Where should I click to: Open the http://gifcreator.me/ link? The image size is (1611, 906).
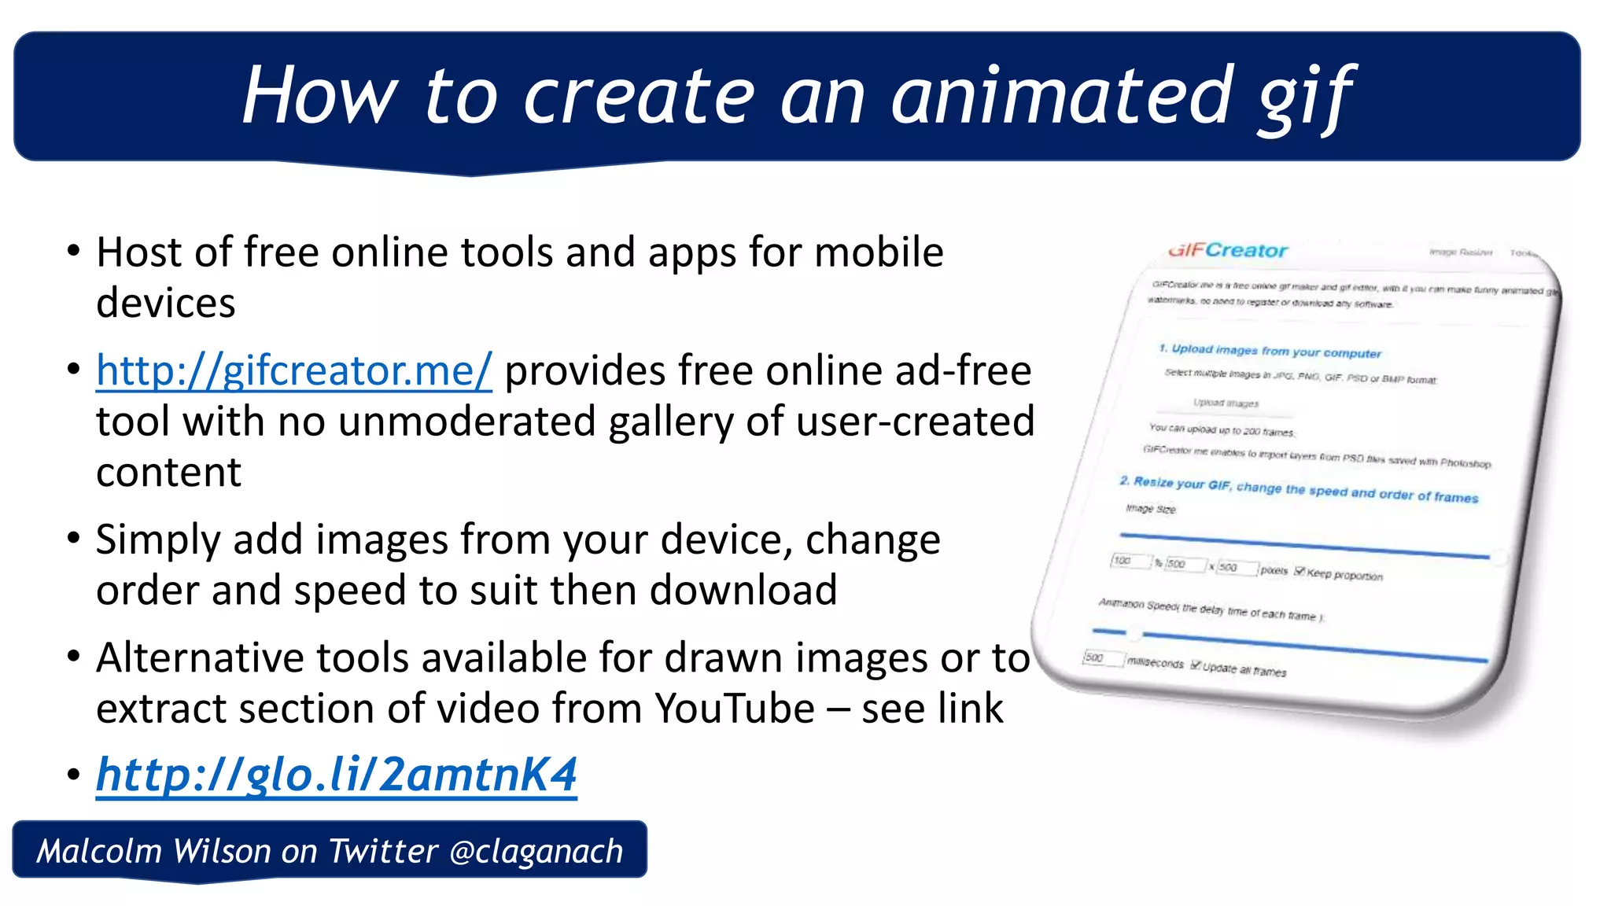coord(293,370)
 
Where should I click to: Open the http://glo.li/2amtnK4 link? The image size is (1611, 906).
coord(337,775)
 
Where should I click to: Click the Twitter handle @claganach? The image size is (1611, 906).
coord(536,852)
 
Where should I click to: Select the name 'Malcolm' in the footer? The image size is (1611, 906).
coord(99,852)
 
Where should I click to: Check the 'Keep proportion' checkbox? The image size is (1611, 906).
coord(1299,571)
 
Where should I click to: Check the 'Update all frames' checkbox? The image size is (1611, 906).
coord(1196,665)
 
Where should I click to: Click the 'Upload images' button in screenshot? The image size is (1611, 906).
coord(1226,403)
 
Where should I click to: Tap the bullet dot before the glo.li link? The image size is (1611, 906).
coord(74,775)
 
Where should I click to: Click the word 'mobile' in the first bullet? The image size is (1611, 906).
coord(878,252)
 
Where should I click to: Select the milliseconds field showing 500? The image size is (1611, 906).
coord(1101,658)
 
